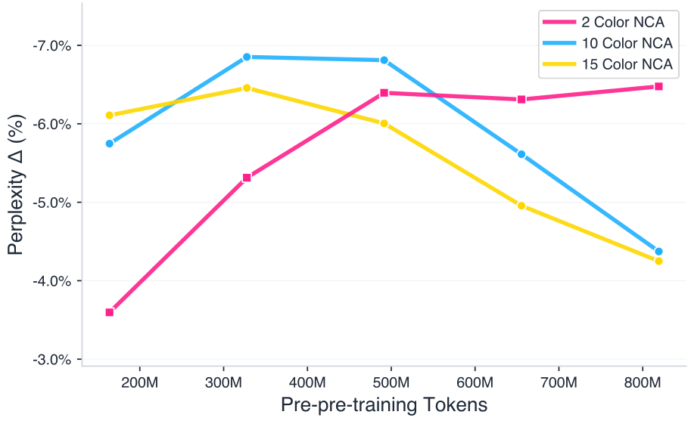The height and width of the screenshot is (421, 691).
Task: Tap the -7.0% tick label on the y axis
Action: click(51, 45)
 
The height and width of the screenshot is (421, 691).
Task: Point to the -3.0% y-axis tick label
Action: click(51, 359)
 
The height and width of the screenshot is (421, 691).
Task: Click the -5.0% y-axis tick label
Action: click(51, 203)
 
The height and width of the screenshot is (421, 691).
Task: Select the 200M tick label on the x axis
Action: click(140, 381)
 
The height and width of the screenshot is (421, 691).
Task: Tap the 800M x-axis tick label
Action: click(642, 381)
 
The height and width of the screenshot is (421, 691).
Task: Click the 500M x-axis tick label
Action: click(391, 381)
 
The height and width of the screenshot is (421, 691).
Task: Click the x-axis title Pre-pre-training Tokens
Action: click(384, 405)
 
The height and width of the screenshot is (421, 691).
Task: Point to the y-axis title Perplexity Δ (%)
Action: click(17, 185)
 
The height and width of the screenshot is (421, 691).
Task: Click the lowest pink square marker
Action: click(110, 312)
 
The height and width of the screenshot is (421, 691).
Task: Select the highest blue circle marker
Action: click(247, 57)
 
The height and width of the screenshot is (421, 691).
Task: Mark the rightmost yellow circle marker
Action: click(658, 262)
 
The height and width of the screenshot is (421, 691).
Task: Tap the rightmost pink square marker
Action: click(658, 87)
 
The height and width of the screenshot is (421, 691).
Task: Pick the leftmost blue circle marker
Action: click(110, 144)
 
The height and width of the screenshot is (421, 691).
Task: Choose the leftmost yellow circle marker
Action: click(110, 116)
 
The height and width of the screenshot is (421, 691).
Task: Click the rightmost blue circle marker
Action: click(658, 252)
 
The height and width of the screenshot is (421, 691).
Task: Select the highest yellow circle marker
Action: click(247, 88)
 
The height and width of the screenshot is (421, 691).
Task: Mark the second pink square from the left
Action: click(247, 178)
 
